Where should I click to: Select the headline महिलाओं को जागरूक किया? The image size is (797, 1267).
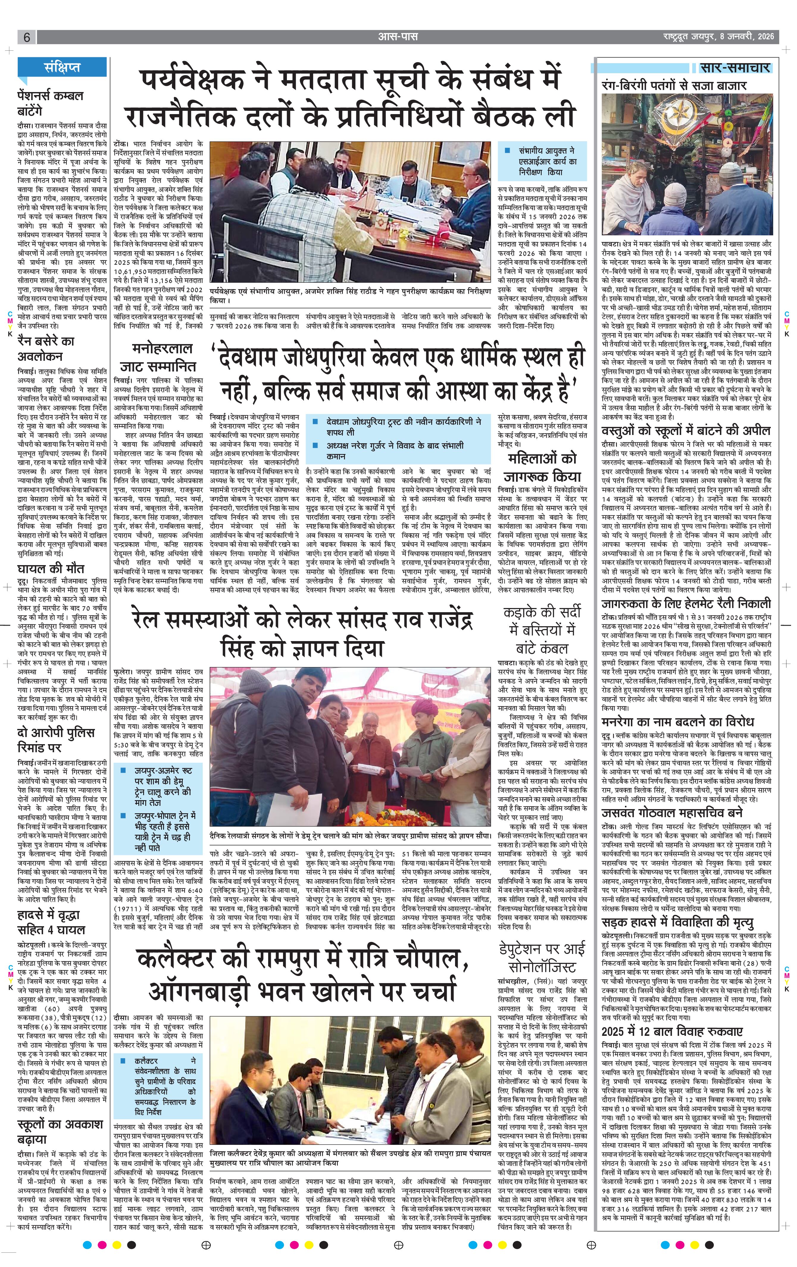click(541, 467)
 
